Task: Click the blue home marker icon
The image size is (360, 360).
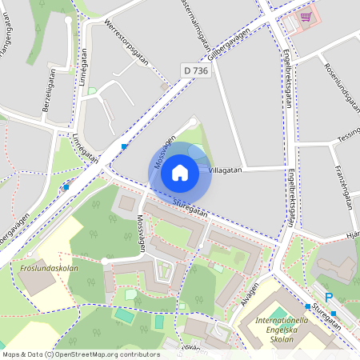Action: (x=180, y=172)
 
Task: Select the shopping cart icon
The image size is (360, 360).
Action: (x=305, y=16)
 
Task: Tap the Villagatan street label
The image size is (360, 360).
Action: (x=225, y=170)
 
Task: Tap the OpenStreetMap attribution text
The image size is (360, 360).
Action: (x=81, y=354)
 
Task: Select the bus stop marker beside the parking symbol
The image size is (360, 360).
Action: (x=307, y=306)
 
